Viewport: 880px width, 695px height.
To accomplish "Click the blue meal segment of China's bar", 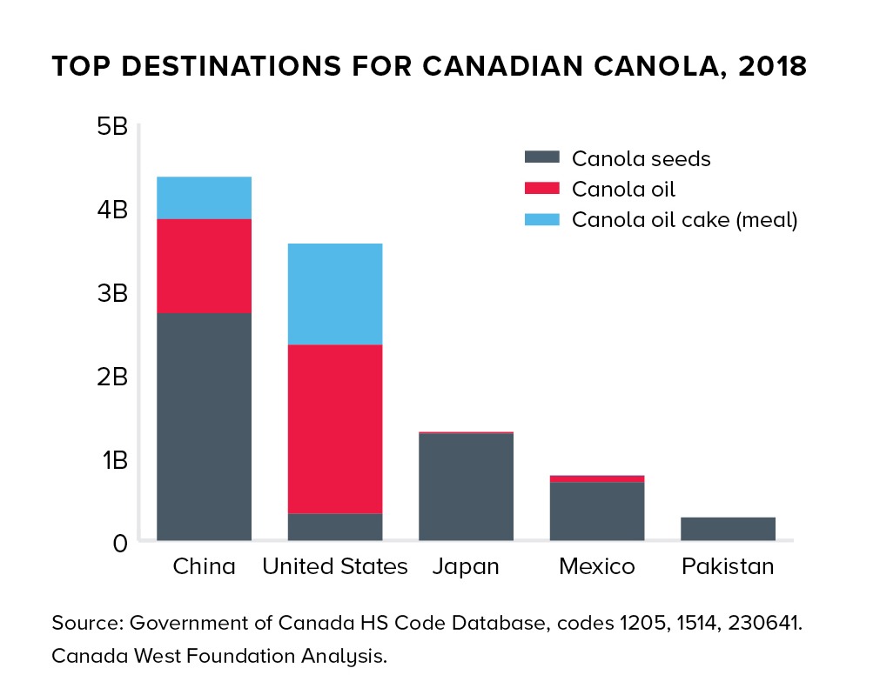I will tap(204, 197).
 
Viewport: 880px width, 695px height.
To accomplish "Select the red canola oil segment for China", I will tap(204, 265).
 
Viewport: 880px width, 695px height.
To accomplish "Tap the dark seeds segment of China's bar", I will tap(204, 426).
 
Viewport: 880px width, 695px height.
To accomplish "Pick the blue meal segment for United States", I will tap(335, 294).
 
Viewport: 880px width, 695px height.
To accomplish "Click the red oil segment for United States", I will tap(335, 429).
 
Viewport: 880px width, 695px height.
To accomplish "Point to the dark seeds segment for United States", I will tap(335, 527).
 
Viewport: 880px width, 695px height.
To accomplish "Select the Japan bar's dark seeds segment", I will tap(466, 487).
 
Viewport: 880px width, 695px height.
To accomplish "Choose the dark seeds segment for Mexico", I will tap(597, 511).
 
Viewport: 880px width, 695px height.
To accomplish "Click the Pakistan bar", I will tap(728, 529).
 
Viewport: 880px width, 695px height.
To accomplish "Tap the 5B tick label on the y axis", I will tap(112, 127).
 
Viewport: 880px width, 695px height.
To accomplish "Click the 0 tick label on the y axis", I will tap(119, 543).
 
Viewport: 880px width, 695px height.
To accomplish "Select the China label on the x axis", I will tap(204, 567).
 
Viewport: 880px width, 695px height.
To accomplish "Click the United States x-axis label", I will tap(335, 567).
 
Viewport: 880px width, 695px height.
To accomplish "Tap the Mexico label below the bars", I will tap(597, 567).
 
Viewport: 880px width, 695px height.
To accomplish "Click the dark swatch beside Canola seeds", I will tap(541, 158).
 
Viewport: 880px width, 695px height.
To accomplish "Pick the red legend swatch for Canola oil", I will tap(541, 189).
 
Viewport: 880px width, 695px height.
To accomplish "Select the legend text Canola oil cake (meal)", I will tap(684, 219).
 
